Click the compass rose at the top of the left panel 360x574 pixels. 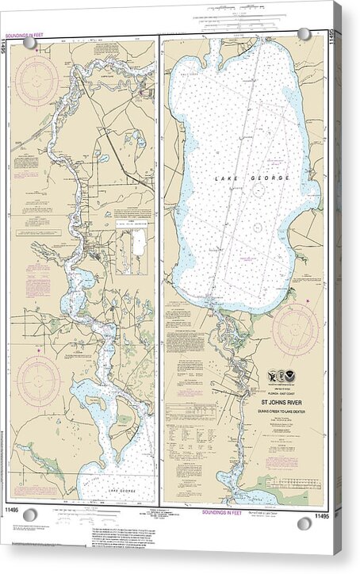(x=36, y=80)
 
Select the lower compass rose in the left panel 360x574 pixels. (x=38, y=381)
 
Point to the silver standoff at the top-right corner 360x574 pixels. (x=304, y=34)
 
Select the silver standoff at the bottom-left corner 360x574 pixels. (x=30, y=515)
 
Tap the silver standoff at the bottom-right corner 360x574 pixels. (x=304, y=523)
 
